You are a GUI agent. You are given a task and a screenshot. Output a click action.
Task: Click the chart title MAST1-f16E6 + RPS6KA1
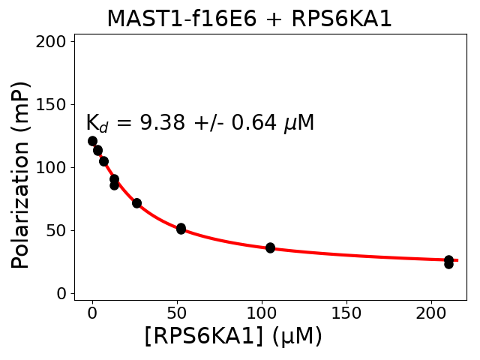click(x=249, y=19)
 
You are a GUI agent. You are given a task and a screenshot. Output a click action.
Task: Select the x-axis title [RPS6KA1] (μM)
click(x=232, y=336)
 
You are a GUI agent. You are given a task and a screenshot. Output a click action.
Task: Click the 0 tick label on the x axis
click(x=92, y=312)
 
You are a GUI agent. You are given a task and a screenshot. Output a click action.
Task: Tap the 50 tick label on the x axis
click(x=177, y=312)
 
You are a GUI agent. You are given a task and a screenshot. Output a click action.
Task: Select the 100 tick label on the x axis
click(x=262, y=312)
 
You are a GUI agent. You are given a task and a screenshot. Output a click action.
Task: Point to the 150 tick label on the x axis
click(x=346, y=312)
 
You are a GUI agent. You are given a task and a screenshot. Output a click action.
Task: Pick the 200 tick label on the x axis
click(x=431, y=312)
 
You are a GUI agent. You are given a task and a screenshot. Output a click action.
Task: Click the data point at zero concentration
click(x=92, y=141)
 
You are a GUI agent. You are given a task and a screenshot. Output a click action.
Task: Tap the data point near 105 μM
click(x=270, y=247)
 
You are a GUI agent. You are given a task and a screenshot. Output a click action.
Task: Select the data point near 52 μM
click(x=181, y=228)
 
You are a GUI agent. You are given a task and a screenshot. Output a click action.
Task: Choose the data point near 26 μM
click(x=136, y=202)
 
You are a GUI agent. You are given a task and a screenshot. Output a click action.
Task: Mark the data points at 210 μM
click(x=448, y=262)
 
